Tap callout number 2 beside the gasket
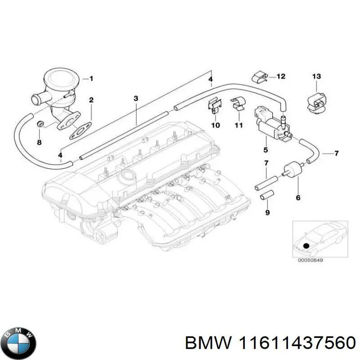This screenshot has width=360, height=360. coord(91,99)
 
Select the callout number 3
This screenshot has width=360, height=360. coord(136,98)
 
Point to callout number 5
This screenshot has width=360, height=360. coord(265,150)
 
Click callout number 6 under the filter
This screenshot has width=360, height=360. coord(297,198)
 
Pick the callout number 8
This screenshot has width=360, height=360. coord(39,142)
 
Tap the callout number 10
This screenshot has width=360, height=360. coord(215,125)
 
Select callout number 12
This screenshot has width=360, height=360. coord(281,76)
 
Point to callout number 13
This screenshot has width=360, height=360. coord(316,76)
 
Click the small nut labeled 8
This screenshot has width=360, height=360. coord(40,124)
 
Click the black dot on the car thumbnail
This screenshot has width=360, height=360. coord(307,246)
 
